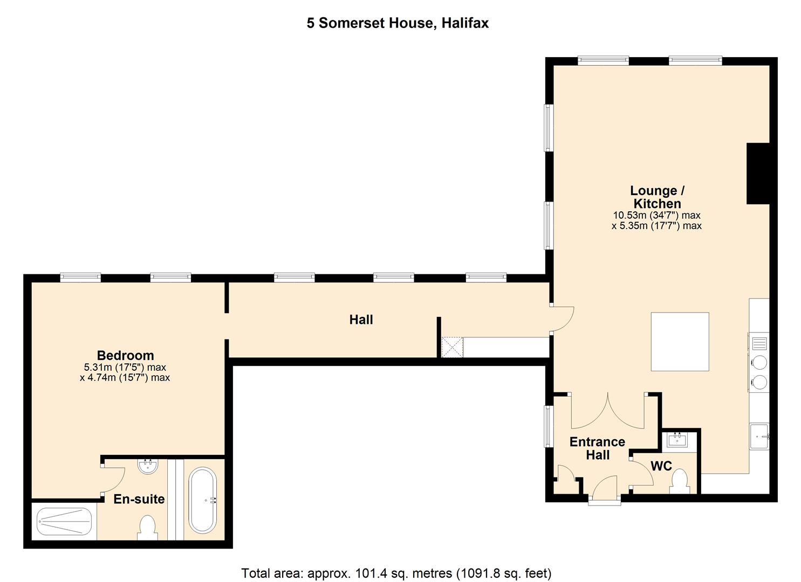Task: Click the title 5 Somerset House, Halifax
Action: tap(398, 23)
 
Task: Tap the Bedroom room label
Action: tap(125, 356)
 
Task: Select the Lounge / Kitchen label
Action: tap(657, 197)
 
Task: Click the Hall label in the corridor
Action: tap(361, 320)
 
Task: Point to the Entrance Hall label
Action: tap(597, 448)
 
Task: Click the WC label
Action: tap(661, 466)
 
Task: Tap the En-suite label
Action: tap(139, 499)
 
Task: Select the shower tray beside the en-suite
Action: tap(64, 521)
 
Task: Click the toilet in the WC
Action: tap(679, 481)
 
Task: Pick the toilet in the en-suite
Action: tap(147, 526)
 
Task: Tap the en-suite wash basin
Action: tap(147, 466)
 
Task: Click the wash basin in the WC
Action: tap(677, 440)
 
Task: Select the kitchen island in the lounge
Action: tap(680, 342)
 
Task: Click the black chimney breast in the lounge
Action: tap(757, 174)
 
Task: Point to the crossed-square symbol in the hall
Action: tap(452, 347)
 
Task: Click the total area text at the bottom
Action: tap(396, 572)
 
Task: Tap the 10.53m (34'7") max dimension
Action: tap(656, 215)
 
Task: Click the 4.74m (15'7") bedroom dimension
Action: tap(125, 378)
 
